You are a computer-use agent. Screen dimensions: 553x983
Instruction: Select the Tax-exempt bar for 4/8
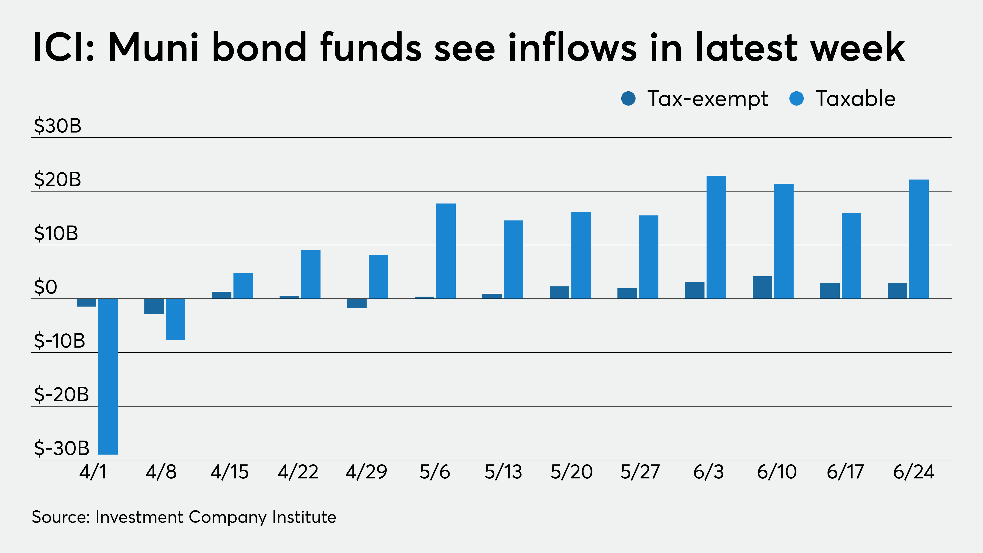pos(154,306)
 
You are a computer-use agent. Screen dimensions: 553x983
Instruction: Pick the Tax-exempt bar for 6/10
pos(762,287)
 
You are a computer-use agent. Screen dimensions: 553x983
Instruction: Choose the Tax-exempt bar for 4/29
pos(357,303)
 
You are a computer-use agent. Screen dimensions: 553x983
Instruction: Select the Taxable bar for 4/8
pos(176,319)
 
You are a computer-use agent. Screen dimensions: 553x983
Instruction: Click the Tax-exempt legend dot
pos(628,99)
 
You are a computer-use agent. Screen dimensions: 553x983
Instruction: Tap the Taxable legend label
pos(855,99)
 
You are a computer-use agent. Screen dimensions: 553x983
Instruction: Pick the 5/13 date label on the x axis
pos(503,472)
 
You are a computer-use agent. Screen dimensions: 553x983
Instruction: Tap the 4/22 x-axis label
pos(298,472)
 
